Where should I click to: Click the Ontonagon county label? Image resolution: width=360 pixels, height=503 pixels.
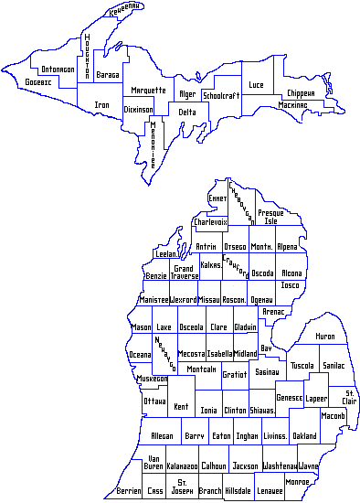click(58, 70)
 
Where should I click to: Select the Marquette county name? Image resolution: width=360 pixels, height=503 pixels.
click(148, 91)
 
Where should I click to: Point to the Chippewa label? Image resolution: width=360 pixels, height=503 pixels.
click(301, 93)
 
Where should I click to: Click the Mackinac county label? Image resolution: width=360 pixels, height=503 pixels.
click(292, 105)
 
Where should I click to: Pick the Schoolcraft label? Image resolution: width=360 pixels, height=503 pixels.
click(220, 95)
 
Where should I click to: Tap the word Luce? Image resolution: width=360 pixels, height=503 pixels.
click(256, 85)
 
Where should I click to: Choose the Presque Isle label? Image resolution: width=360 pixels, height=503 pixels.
click(270, 217)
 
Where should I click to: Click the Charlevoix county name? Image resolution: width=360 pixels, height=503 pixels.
click(211, 220)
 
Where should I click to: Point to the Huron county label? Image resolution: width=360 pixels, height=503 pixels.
click(325, 337)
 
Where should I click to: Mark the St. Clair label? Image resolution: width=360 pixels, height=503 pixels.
click(349, 397)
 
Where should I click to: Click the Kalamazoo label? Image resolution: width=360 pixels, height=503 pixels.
click(182, 466)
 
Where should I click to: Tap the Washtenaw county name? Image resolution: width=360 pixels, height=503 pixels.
click(278, 466)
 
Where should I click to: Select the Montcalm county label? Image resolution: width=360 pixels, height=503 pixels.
click(201, 369)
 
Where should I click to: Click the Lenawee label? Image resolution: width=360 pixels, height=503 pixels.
click(269, 491)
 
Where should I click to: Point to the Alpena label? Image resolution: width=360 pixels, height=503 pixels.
click(287, 247)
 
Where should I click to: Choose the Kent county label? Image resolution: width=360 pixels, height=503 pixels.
click(181, 407)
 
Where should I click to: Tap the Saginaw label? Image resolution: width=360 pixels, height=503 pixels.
click(267, 372)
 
